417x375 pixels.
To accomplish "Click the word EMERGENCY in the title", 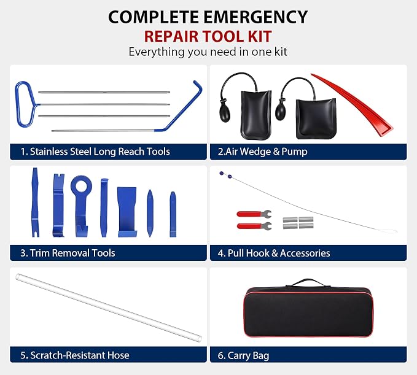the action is click(x=255, y=17).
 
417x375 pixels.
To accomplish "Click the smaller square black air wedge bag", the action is click(x=316, y=118).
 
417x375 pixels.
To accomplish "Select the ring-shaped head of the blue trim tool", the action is click(x=82, y=185).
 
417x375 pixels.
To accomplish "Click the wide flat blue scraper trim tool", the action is click(x=127, y=212).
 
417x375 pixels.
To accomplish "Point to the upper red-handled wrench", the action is click(x=254, y=214).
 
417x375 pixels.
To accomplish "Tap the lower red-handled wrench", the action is click(x=254, y=226).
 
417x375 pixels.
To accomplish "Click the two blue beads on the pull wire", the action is click(x=225, y=174).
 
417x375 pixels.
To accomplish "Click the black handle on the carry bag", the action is click(x=309, y=282).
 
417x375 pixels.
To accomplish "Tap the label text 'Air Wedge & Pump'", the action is click(x=267, y=152).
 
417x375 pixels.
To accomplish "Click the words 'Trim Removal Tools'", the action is click(x=72, y=253).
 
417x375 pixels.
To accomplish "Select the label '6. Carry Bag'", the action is click(x=243, y=355).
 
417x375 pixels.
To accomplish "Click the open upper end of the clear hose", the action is click(x=18, y=277).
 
